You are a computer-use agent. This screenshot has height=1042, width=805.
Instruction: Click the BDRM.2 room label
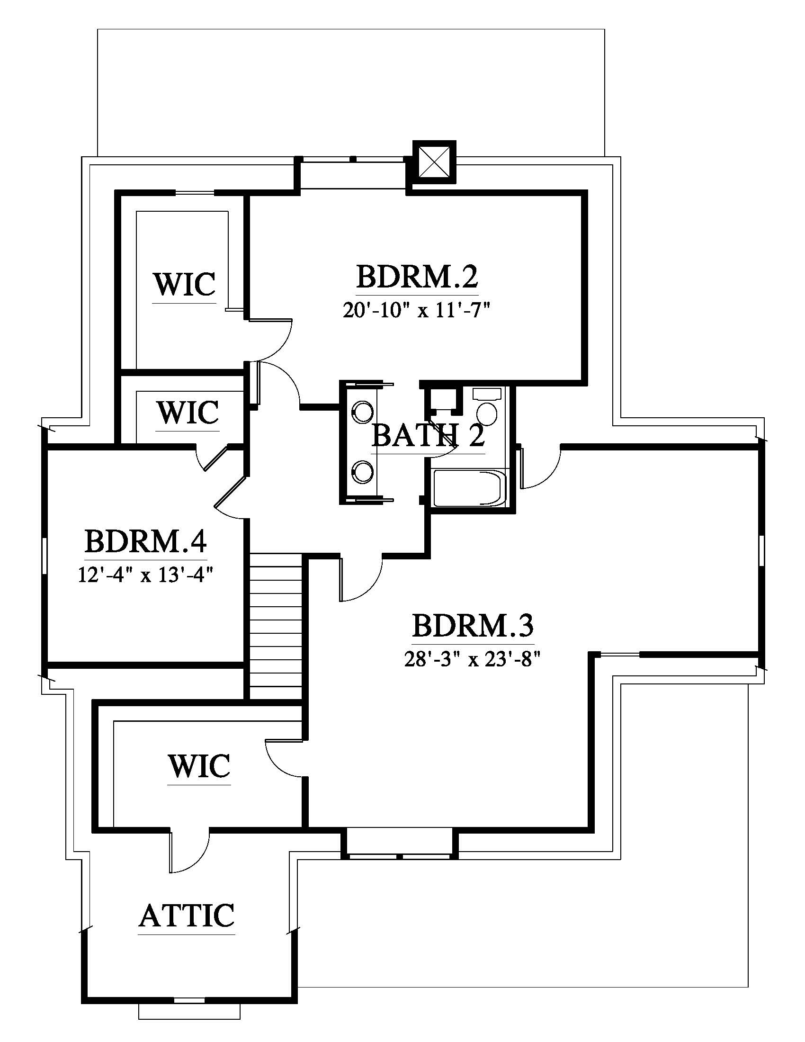[417, 277]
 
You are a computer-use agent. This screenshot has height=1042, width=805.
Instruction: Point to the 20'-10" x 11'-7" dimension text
[416, 311]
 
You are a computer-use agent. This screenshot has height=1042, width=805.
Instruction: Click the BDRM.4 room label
[145, 541]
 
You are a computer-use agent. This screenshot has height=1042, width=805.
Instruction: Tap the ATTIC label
[187, 915]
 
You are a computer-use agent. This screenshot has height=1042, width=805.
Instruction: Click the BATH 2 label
[428, 436]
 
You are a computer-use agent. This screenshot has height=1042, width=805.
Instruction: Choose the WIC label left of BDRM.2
[185, 284]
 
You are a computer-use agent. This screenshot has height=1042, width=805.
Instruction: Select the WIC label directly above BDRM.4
[188, 412]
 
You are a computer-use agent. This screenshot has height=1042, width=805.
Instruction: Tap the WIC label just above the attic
[199, 766]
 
